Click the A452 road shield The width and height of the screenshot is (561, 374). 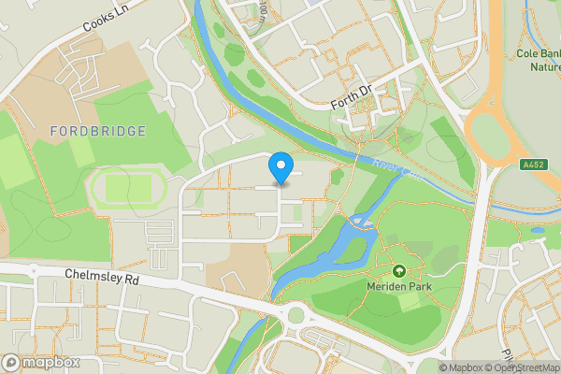click(x=534, y=165)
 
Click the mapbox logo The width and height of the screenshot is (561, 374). click(x=42, y=362)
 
